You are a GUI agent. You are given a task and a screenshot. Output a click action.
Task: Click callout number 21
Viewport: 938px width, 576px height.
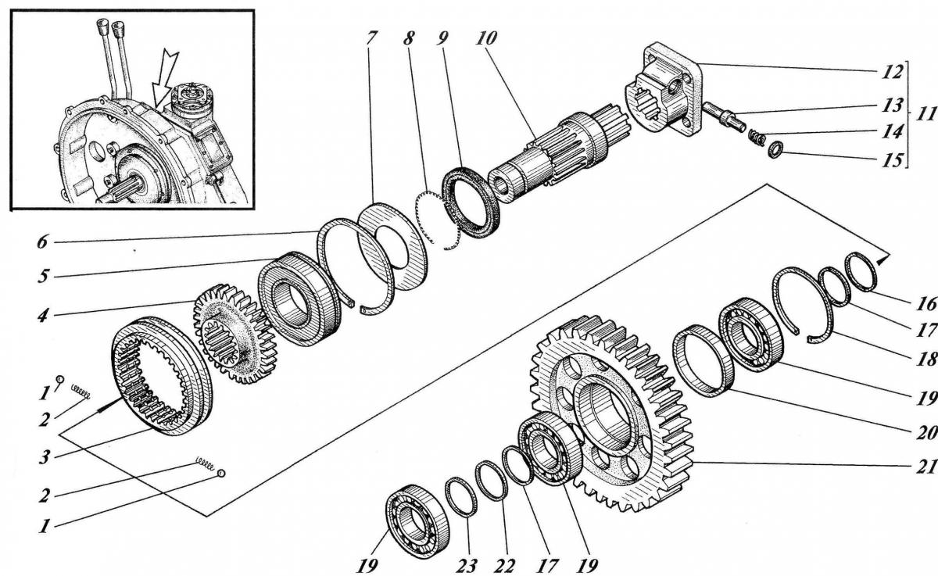click(925, 467)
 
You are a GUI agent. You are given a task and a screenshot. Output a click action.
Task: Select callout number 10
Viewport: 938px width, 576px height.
click(486, 38)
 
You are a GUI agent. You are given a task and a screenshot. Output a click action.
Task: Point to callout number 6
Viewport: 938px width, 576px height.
click(42, 242)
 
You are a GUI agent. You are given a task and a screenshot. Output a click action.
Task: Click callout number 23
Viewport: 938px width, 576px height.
click(467, 567)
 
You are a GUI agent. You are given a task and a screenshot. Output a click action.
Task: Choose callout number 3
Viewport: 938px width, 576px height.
click(45, 456)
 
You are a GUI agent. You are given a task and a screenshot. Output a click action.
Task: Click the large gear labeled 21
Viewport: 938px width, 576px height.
click(611, 414)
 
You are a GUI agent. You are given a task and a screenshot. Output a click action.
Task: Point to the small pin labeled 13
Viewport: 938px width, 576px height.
click(724, 116)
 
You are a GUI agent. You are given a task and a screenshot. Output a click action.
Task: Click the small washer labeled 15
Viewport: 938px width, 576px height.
click(775, 150)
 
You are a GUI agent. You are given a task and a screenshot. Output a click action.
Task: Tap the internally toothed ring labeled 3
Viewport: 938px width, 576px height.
click(162, 376)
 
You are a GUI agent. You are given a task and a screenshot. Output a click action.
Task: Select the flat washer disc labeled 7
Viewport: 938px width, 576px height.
click(392, 247)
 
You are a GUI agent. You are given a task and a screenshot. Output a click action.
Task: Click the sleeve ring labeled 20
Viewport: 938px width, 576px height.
click(703, 360)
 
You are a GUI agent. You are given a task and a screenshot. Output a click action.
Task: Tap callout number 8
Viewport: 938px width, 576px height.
click(409, 38)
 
